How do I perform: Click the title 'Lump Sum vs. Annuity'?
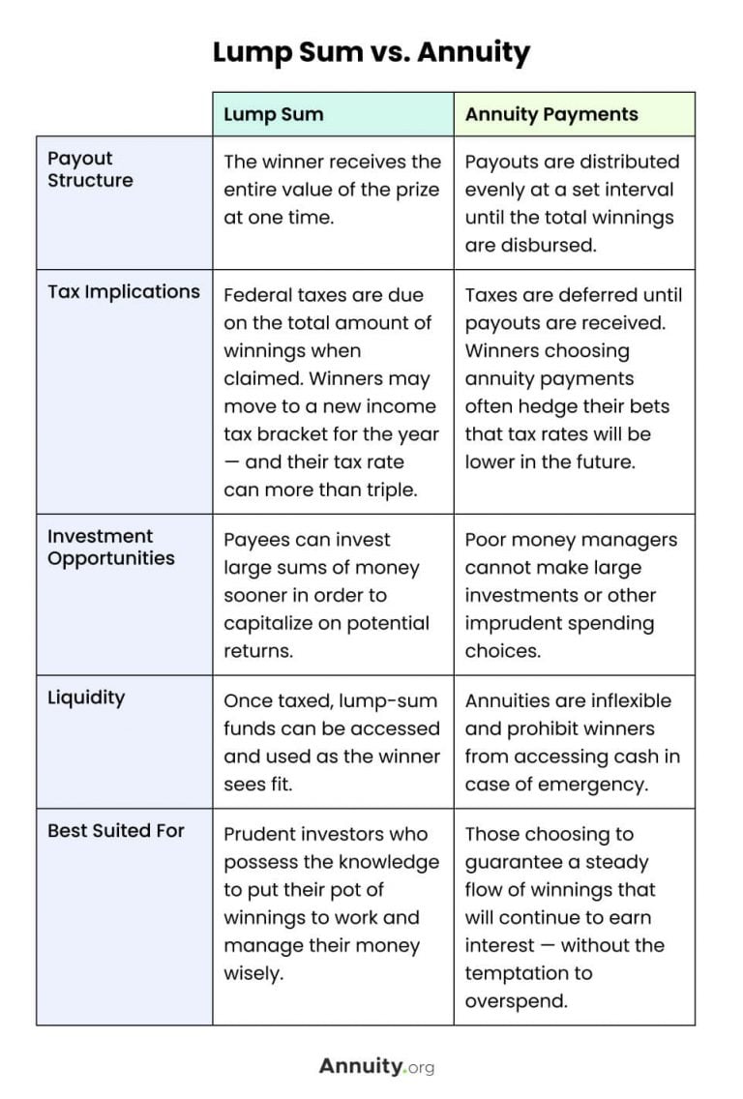(371, 50)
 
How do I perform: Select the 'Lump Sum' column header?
(274, 114)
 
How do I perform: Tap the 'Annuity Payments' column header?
(551, 114)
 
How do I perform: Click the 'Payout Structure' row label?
(90, 169)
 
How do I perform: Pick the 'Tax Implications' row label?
(124, 291)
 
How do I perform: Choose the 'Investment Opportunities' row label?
(110, 548)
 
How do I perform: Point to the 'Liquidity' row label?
(86, 698)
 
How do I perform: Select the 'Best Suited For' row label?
(115, 830)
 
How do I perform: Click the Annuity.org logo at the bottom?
(376, 1066)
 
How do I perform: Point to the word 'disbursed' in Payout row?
(549, 245)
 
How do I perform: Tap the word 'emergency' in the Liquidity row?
(599, 785)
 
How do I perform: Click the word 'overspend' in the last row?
(516, 1001)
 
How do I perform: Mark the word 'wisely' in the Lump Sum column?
(253, 973)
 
